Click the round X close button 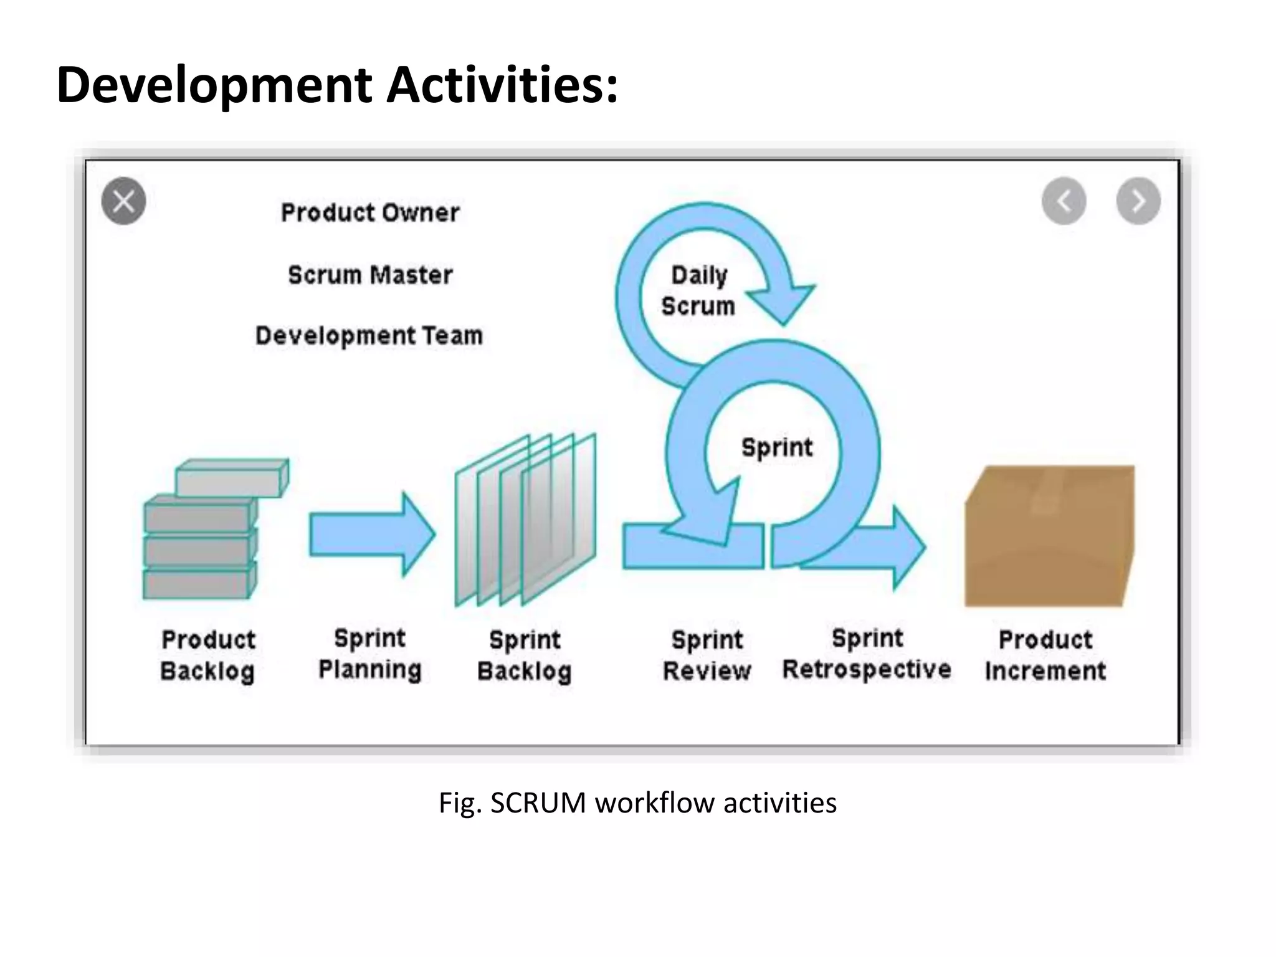[123, 201]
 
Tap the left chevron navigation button [1064, 201]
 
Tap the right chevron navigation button [1138, 201]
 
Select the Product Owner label [370, 213]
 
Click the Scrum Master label [370, 275]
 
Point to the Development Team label [369, 336]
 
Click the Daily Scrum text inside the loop [698, 291]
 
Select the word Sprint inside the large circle [777, 447]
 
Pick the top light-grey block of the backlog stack [232, 478]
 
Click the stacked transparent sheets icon [525, 520]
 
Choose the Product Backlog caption [208, 655]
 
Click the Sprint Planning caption [370, 654]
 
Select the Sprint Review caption [707, 655]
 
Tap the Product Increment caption [1045, 655]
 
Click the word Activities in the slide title [502, 85]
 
